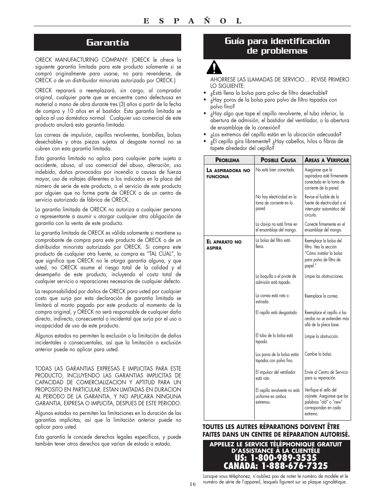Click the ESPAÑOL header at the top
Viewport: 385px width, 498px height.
[x=192, y=21]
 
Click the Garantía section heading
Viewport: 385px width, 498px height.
[x=107, y=42]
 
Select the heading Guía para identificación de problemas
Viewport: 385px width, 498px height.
[x=277, y=46]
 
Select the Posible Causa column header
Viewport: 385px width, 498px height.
[x=278, y=160]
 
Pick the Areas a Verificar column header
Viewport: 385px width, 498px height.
[x=326, y=160]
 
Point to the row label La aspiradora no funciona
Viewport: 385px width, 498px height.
[x=228, y=173]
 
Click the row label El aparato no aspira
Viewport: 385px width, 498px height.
[x=224, y=245]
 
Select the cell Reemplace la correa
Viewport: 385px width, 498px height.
[x=321, y=296]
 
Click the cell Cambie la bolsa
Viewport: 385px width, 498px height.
[x=318, y=354]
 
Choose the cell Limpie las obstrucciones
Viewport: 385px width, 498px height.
[x=324, y=276]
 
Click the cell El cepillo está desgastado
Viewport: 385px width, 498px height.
[x=276, y=313]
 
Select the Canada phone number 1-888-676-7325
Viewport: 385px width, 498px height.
[x=276, y=466]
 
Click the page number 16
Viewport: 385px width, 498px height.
[x=192, y=484]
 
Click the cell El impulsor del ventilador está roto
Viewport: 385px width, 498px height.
[x=275, y=375]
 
